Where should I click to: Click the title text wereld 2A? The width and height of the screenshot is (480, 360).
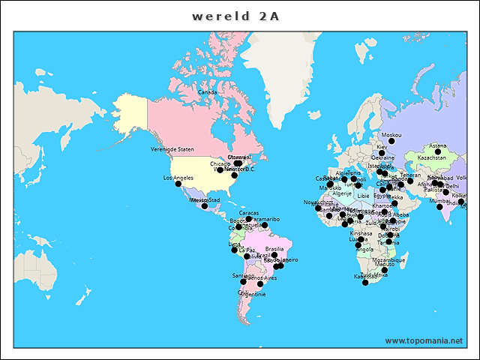point(235,16)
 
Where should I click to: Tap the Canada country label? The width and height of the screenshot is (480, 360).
point(207,92)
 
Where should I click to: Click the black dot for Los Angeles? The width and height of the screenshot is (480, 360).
point(178,184)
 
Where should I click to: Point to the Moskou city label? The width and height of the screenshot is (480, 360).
point(391,135)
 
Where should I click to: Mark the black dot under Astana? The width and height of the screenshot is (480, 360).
point(438,152)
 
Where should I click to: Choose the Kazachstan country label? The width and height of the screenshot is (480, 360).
point(432,159)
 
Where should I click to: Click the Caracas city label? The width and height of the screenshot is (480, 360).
point(249,213)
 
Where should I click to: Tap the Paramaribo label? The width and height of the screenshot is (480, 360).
point(265,219)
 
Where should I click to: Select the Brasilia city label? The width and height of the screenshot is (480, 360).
point(274,249)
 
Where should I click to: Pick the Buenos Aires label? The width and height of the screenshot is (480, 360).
point(262,278)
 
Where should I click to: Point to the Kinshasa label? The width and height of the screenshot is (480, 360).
point(361,233)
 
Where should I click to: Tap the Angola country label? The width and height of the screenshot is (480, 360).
point(364,250)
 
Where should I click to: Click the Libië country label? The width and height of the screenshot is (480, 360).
point(363,196)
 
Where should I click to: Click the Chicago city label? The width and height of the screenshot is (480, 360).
point(220,163)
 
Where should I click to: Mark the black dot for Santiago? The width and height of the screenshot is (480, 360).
point(243,282)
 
